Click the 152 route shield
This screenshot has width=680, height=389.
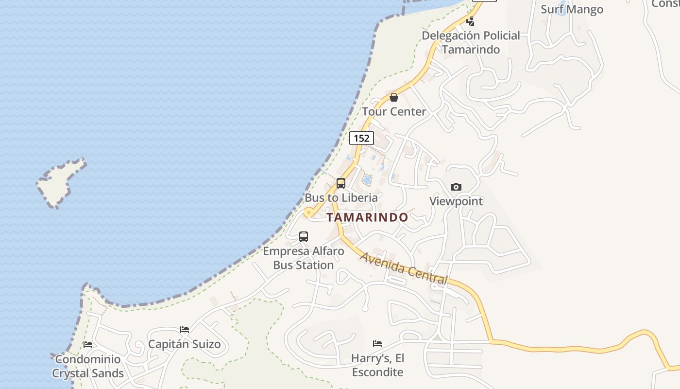361,138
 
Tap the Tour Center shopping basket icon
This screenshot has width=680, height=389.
394,97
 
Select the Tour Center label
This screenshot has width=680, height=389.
394,111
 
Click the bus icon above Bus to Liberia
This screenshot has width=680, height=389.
341,183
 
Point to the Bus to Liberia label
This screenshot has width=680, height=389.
341,198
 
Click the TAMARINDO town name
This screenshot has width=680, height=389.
367,217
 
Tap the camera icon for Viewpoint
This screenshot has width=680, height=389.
456,187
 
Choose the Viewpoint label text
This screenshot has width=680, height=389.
456,201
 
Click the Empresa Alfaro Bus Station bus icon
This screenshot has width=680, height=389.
304,237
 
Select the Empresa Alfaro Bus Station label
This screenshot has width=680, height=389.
304,258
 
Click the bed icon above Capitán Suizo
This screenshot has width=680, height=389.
185,330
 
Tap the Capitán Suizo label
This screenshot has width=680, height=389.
185,344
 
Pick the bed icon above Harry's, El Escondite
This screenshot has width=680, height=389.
377,344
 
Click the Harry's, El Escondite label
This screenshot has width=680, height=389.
378,365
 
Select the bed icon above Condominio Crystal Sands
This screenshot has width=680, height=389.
88,345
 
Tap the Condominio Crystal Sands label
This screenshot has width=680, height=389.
88,366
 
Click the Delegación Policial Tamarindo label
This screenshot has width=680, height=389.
471,42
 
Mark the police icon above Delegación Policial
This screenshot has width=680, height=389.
470,21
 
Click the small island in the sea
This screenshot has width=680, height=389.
61,182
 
